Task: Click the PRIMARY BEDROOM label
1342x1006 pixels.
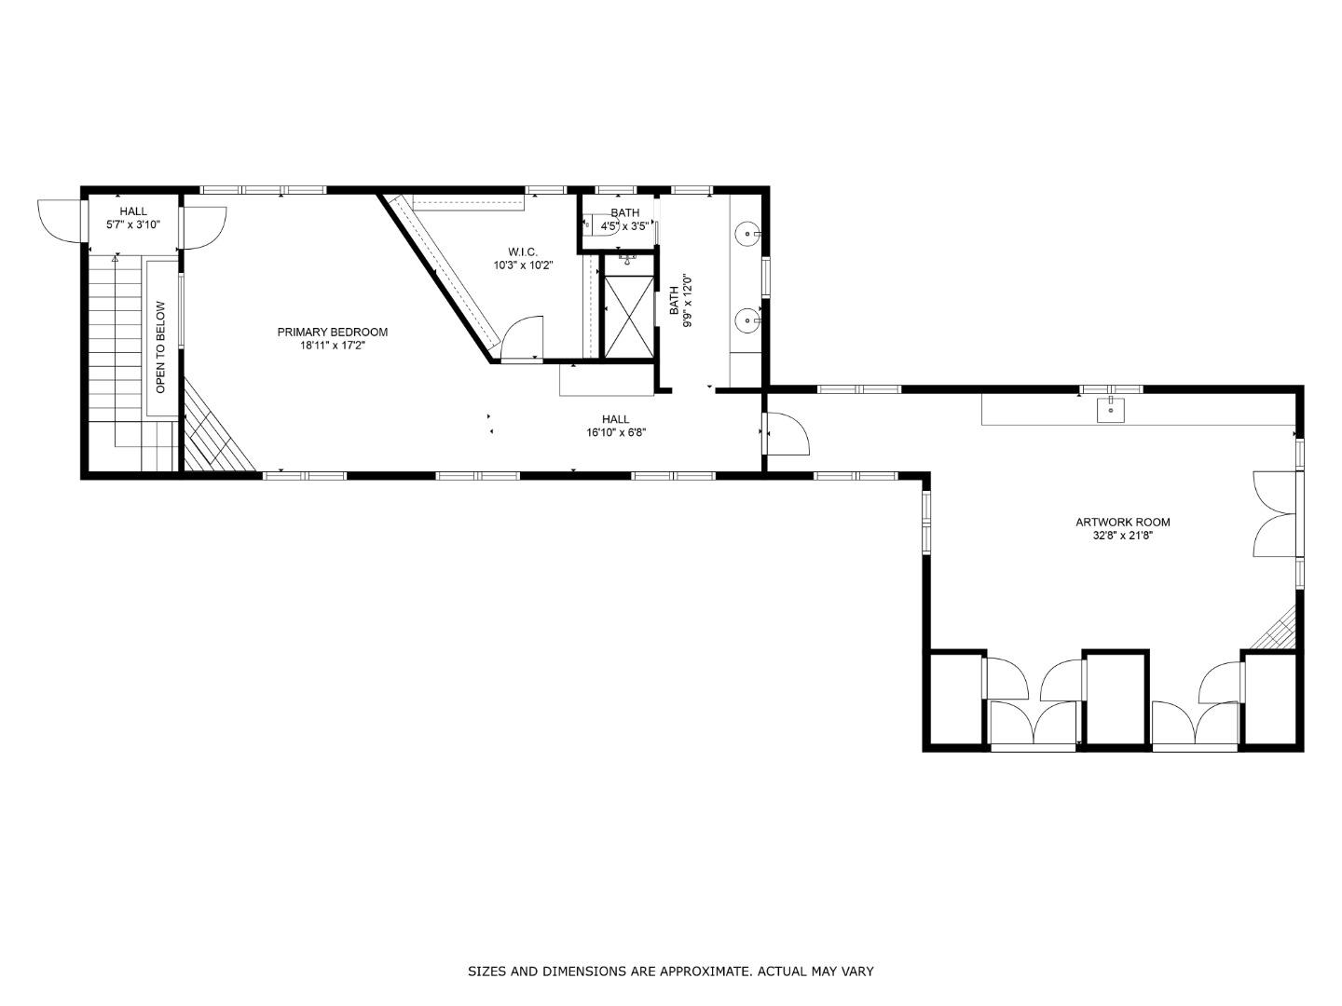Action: [x=332, y=333]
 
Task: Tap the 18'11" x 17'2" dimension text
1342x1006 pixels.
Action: [x=332, y=346]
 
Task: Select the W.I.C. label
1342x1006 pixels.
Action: [x=523, y=251]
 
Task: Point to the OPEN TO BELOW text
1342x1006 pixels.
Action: [x=160, y=347]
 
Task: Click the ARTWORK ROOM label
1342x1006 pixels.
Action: [x=1122, y=523]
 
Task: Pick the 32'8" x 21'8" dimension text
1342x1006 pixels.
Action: [x=1122, y=536]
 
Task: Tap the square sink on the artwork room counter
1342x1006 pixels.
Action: [x=1111, y=408]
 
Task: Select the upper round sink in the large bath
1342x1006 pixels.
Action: [x=747, y=233]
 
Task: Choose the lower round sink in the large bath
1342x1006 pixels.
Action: [x=747, y=321]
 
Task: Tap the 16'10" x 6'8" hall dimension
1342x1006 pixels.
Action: [x=615, y=432]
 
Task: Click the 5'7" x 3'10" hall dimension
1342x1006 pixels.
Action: [x=133, y=224]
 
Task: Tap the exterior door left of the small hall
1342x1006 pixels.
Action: [x=61, y=222]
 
